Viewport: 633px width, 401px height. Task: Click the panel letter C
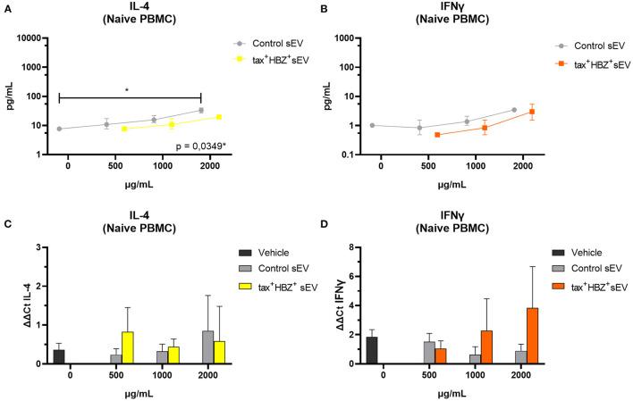[8, 212]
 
